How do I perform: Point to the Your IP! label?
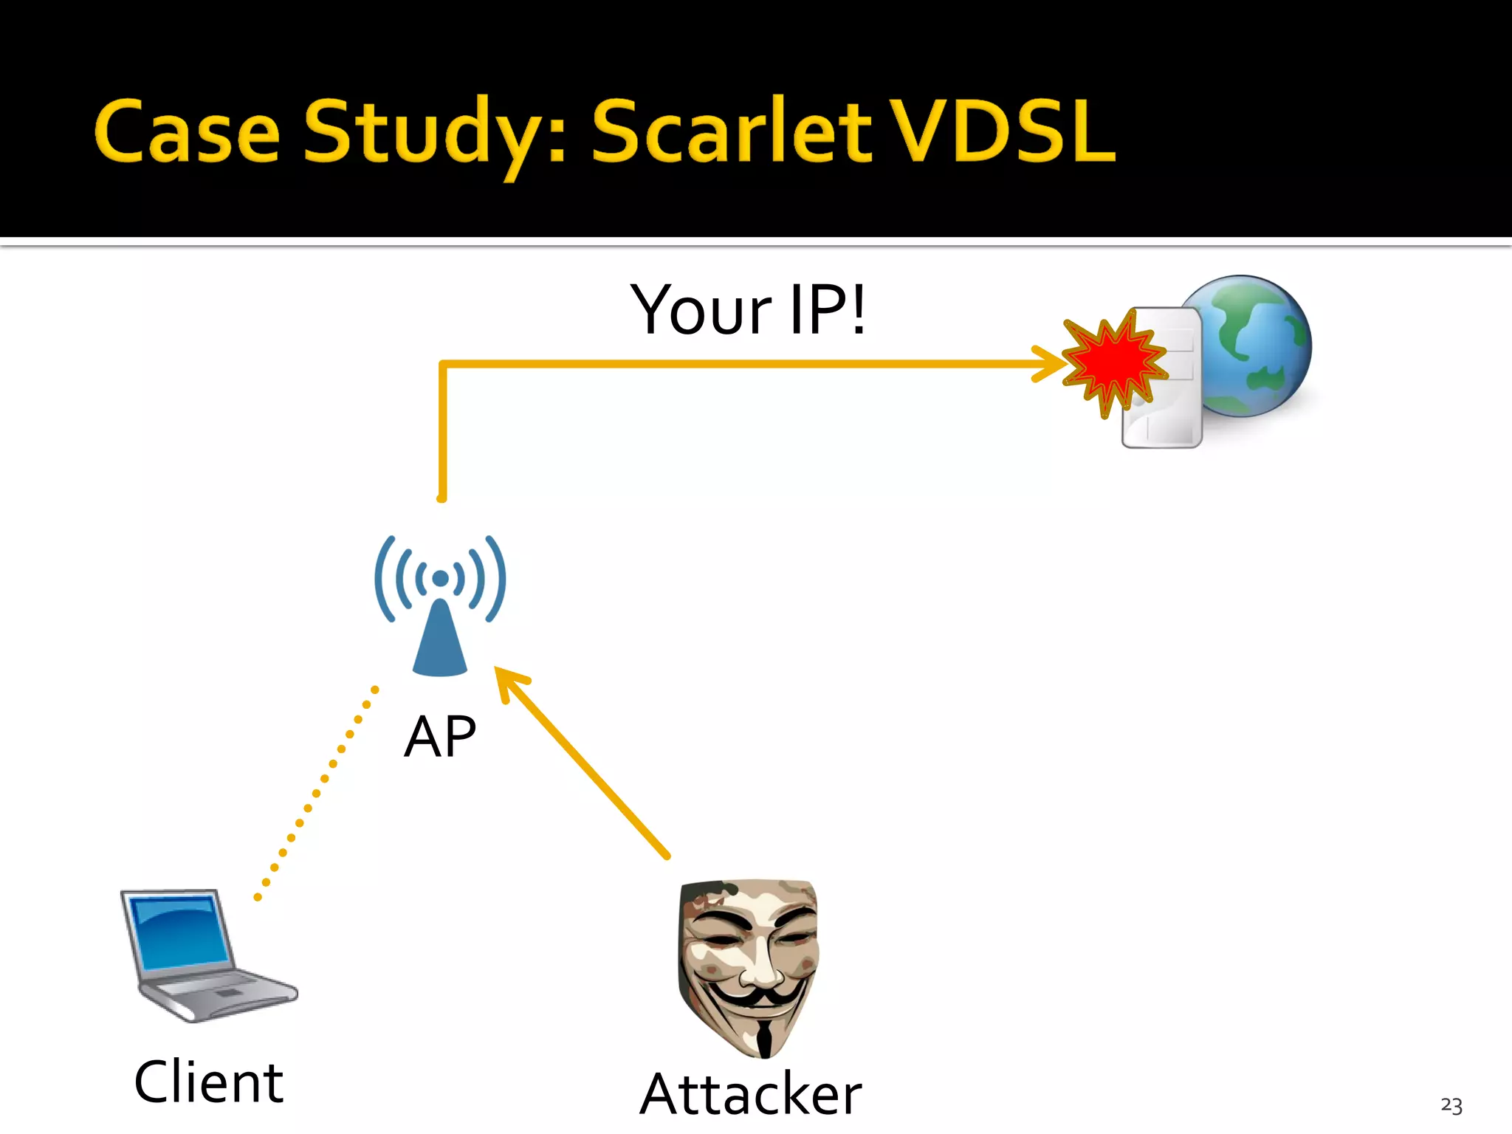click(747, 311)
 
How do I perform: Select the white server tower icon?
click(1166, 413)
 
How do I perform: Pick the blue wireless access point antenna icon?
click(440, 605)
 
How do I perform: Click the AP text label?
click(440, 737)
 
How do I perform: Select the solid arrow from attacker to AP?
click(583, 764)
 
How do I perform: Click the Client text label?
click(209, 1082)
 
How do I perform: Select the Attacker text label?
click(751, 1094)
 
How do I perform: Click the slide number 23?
click(1451, 1105)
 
